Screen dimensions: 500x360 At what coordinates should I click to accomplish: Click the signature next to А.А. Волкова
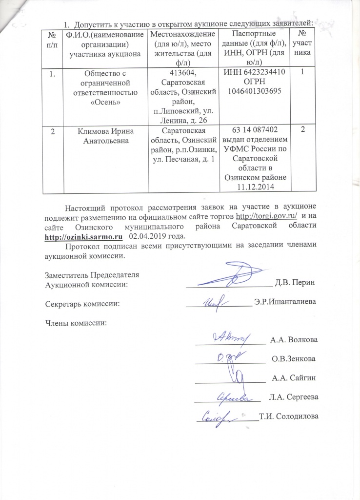229,337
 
